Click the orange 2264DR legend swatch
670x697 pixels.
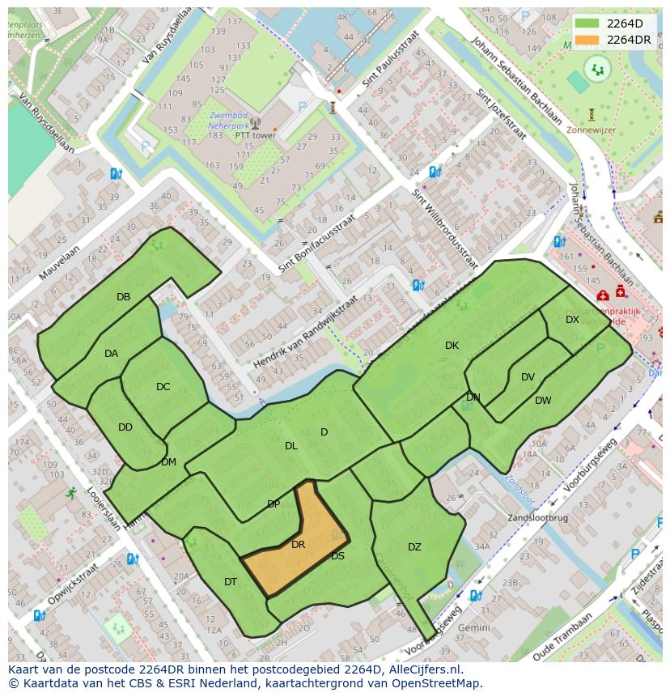coord(588,40)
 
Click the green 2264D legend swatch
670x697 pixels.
coord(588,24)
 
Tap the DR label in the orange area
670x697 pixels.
coord(298,545)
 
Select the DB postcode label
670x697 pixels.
coord(123,297)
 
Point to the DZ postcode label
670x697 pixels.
coord(414,547)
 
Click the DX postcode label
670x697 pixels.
coord(572,320)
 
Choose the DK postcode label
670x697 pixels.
coord(452,346)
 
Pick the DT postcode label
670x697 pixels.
coord(231,582)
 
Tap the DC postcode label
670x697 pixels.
coord(163,387)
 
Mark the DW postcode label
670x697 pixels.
coord(543,401)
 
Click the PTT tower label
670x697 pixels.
coord(255,135)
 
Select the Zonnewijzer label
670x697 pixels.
coord(592,129)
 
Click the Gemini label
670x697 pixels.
coord(473,627)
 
